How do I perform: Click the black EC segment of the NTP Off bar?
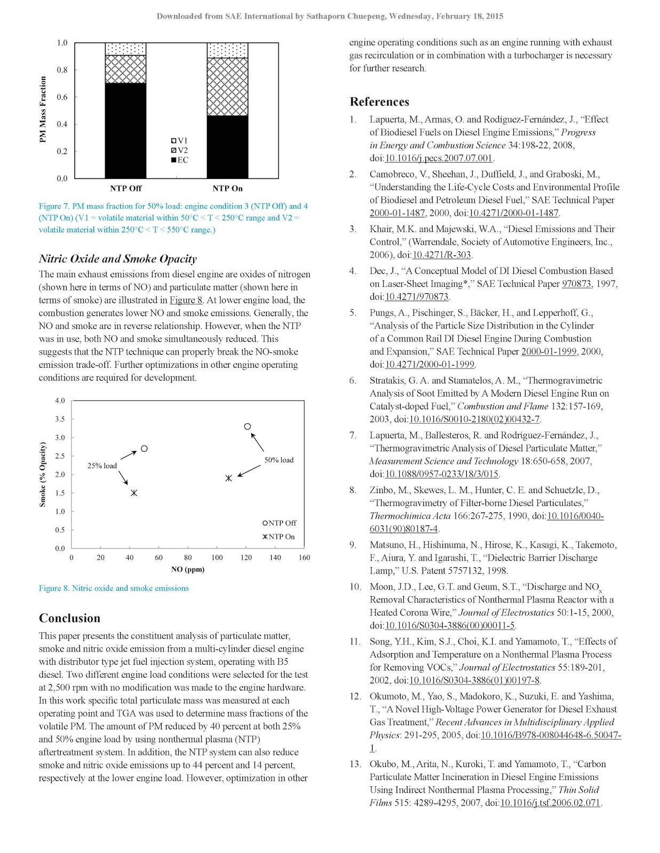125,131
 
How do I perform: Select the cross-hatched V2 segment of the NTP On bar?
227,87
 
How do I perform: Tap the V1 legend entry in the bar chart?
179,141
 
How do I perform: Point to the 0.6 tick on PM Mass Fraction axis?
62,97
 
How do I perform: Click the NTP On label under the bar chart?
227,188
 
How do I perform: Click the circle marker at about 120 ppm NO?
248,426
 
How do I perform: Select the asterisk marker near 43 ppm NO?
134,493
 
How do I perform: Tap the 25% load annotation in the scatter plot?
102,466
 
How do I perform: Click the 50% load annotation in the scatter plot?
279,460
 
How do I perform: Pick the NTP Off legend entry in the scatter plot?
279,523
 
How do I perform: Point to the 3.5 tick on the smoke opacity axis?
60,419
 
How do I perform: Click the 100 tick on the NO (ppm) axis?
217,558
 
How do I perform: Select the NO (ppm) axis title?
188,569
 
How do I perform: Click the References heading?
379,102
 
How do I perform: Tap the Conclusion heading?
69,618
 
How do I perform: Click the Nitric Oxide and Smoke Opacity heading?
117,259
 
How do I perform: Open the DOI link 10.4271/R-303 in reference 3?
442,255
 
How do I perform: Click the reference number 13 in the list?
355,764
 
